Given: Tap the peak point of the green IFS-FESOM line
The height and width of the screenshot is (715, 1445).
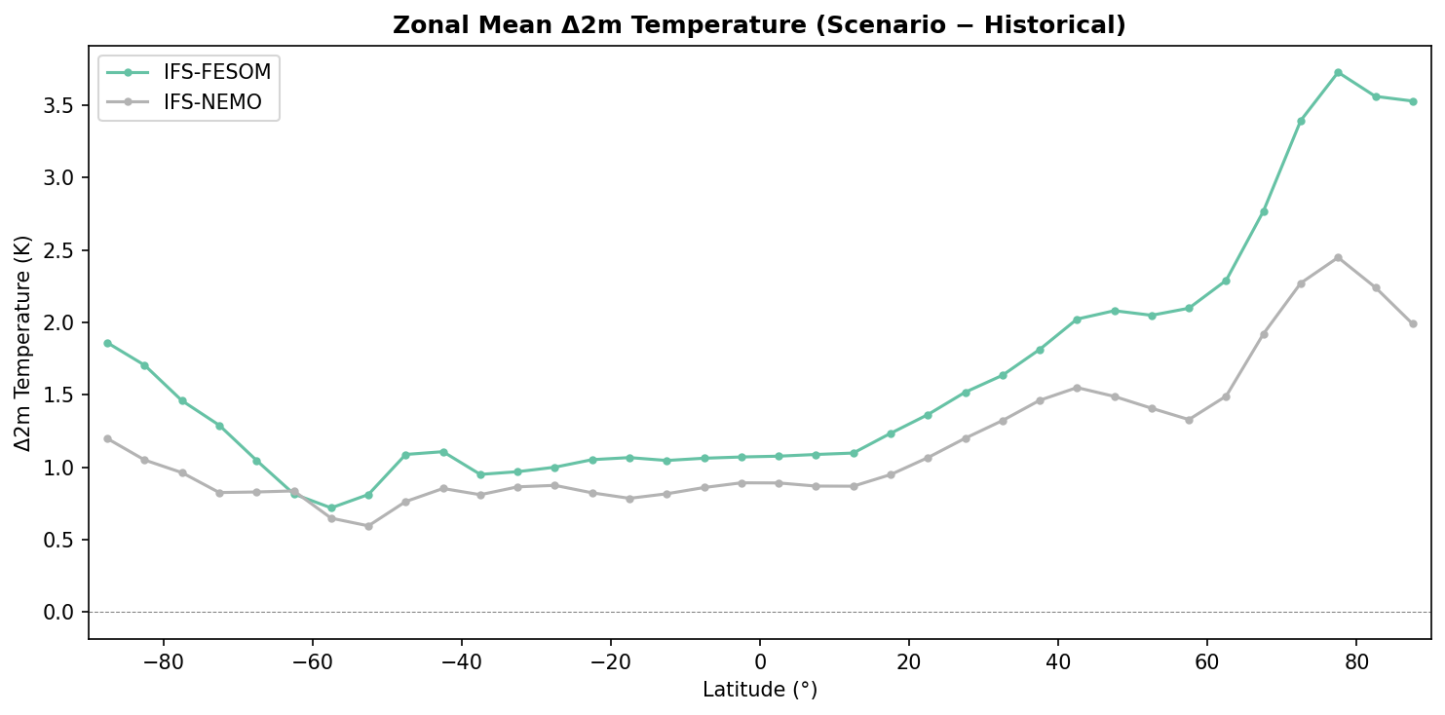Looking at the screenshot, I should (1338, 72).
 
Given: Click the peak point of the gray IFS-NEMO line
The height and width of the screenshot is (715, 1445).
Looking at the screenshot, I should (1338, 257).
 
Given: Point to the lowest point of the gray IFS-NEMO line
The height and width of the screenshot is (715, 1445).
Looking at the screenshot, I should (368, 526).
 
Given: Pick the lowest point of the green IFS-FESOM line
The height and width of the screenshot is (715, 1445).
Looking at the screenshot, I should (331, 508).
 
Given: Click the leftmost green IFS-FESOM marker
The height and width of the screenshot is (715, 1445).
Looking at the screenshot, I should (107, 343).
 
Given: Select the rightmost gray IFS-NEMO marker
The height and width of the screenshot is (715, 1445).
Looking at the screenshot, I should (1413, 323).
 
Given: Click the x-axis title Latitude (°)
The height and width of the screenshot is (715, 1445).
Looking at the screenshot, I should (760, 690).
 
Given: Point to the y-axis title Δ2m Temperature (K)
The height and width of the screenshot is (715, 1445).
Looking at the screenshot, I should (23, 343).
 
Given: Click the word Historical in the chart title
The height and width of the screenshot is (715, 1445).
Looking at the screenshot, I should (1062, 26).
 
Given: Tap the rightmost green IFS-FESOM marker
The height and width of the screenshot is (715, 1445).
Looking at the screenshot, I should (1413, 101).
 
